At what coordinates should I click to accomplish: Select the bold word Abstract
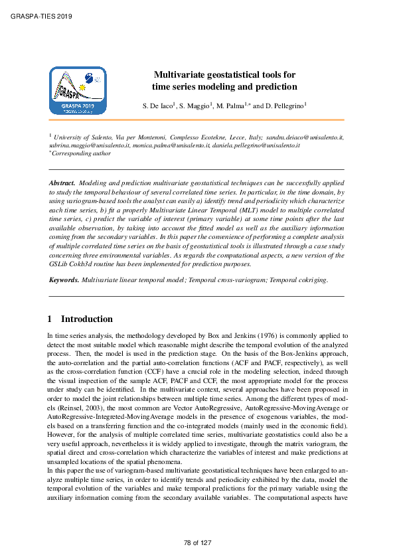tap(63, 181)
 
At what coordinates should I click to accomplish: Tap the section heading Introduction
tap(87, 319)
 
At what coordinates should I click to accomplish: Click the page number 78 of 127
tap(197, 543)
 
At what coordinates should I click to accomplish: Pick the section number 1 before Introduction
tap(52, 319)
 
